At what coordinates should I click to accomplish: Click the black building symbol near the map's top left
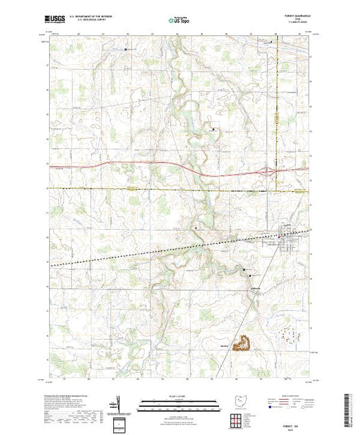pos(125,49)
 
